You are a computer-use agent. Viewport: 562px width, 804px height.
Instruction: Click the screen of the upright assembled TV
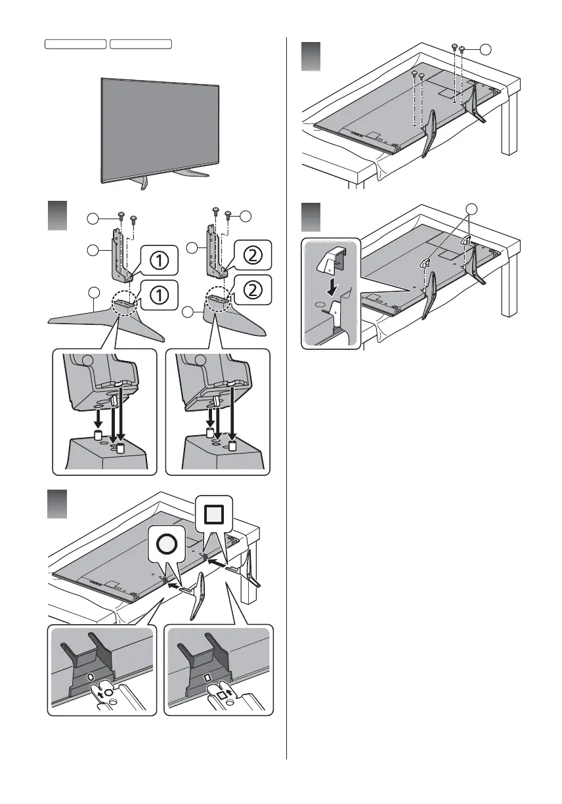[160, 129]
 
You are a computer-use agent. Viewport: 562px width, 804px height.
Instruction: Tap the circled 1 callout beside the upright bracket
[157, 263]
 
